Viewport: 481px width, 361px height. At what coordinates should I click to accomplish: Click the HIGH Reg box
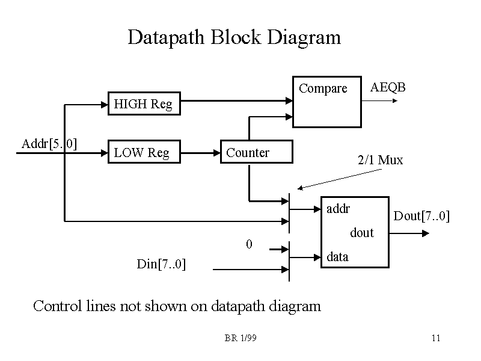pos(143,104)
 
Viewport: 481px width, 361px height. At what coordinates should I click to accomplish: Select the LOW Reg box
pos(143,152)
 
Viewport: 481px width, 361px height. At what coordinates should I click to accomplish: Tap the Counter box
pos(257,152)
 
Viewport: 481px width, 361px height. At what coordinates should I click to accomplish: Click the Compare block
pos(326,102)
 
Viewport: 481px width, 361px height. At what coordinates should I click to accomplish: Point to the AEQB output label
pos(388,88)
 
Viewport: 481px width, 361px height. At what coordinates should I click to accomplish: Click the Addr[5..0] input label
pos(49,144)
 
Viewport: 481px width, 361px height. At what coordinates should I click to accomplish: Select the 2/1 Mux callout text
pos(380,161)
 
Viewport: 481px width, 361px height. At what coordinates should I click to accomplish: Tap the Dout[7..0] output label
pos(421,216)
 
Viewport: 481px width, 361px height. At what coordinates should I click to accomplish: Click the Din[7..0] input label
pos(161,264)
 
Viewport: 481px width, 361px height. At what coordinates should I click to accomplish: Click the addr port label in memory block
pos(338,209)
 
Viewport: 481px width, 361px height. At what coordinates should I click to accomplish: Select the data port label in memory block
pos(337,257)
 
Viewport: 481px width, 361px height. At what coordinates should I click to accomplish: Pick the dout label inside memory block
pos(362,233)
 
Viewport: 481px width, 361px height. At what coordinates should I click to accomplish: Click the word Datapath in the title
pos(167,37)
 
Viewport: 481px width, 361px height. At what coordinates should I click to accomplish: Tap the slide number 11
pos(436,338)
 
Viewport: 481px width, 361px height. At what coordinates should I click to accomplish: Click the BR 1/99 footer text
pos(240,338)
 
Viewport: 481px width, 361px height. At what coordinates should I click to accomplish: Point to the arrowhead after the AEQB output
pos(395,100)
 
